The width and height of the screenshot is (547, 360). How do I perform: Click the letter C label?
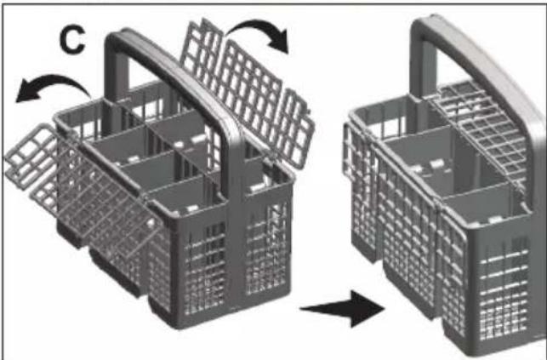click(71, 40)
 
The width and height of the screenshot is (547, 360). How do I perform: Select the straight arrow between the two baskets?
click(343, 309)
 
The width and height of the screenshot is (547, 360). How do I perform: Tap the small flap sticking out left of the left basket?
click(30, 157)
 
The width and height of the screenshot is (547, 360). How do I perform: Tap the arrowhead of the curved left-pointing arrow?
click(29, 91)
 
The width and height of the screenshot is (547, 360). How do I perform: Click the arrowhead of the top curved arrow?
click(279, 40)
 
